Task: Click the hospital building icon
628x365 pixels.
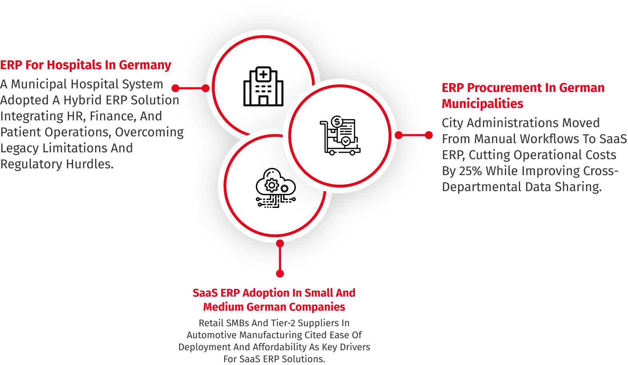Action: click(x=263, y=86)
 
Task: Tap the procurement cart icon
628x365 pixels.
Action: click(x=340, y=136)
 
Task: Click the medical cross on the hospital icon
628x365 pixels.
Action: click(x=263, y=74)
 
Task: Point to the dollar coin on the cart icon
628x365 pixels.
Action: click(x=337, y=122)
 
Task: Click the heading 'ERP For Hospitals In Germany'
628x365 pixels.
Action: click(x=86, y=65)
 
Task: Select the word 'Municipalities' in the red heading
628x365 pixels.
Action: click(x=482, y=104)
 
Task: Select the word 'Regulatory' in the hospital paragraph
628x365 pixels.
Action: click(x=31, y=164)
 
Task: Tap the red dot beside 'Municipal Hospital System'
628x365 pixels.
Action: click(x=175, y=88)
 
